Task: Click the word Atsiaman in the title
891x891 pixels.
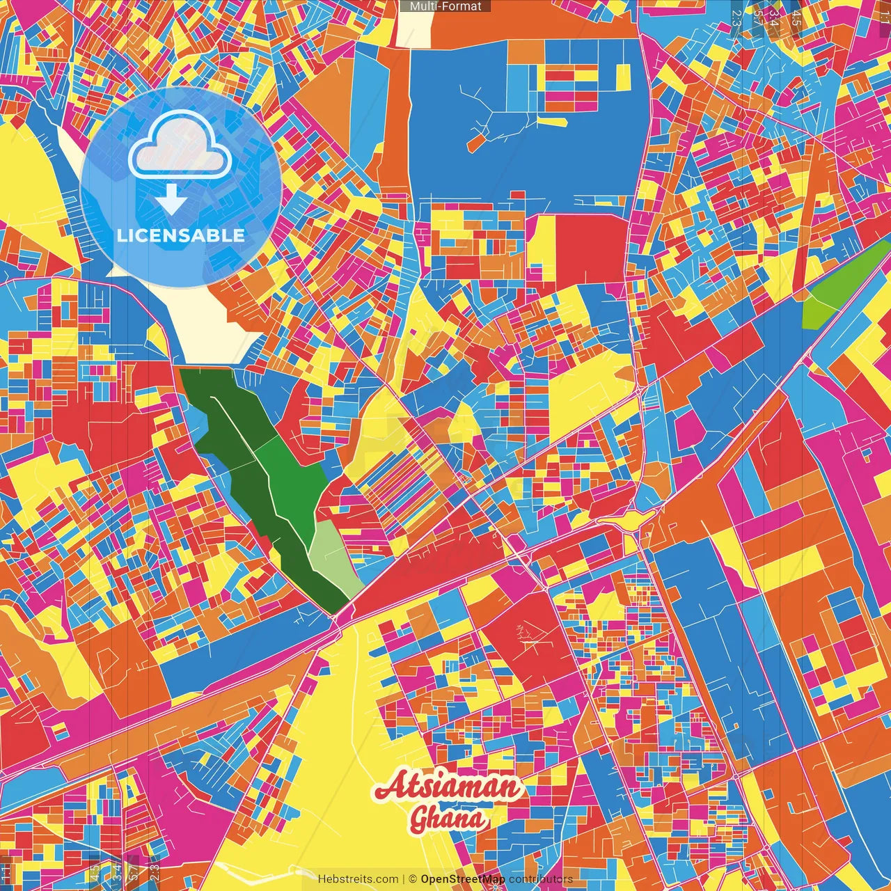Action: [448, 787]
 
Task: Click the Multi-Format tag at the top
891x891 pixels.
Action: [445, 6]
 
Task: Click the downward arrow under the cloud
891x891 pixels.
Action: [171, 200]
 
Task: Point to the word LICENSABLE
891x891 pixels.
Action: [181, 235]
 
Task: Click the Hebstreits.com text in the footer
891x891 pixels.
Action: [358, 879]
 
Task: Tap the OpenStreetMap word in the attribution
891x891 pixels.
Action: [462, 879]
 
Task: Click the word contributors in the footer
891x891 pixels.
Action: [540, 879]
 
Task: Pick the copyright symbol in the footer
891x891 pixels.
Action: [412, 879]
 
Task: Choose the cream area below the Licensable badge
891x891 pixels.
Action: [209, 320]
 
